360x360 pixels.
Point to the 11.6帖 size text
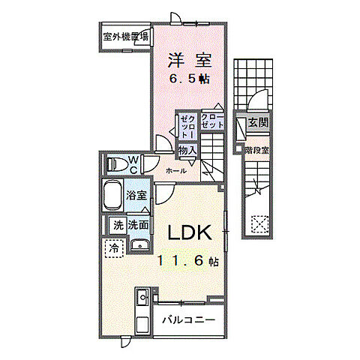click(x=188, y=262)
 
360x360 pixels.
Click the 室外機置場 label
click(x=125, y=35)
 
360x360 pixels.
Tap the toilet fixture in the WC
click(x=115, y=164)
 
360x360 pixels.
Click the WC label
click(x=132, y=163)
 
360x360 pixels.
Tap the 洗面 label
click(x=137, y=224)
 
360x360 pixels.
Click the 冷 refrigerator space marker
click(x=114, y=247)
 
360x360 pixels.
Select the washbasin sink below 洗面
click(x=139, y=245)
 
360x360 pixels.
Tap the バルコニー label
click(x=189, y=321)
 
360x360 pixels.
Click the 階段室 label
click(x=256, y=150)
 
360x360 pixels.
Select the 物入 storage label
click(x=187, y=151)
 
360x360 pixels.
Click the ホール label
click(x=176, y=172)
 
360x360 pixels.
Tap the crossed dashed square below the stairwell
click(x=259, y=223)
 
